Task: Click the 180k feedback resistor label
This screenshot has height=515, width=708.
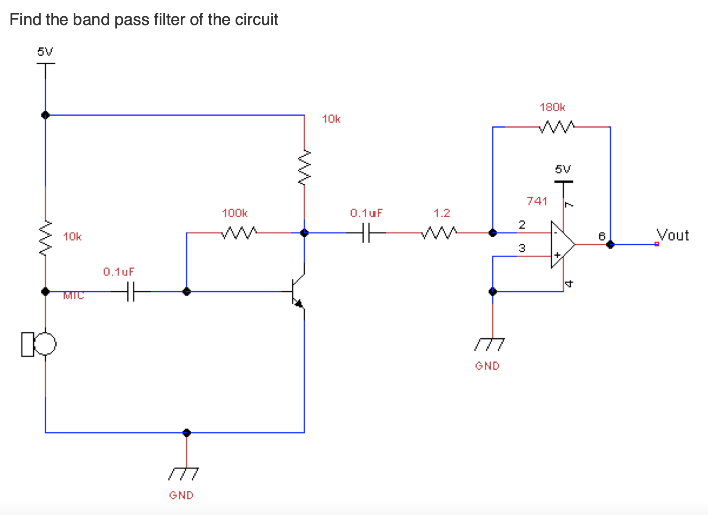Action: coord(552,107)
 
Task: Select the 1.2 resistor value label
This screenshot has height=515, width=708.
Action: coord(442,213)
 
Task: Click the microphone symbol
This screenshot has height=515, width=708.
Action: coord(39,344)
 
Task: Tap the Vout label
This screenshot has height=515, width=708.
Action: coord(672,235)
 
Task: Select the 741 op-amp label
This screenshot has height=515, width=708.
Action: coord(537,201)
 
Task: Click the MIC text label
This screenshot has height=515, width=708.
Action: coord(73,296)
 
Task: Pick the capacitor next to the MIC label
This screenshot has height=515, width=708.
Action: coord(130,291)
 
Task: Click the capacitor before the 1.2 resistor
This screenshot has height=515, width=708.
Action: coord(366,232)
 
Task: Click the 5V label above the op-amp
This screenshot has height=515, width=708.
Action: coord(563,169)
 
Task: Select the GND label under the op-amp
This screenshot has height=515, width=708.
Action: coord(487,366)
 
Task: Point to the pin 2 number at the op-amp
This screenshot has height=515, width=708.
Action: coord(522,225)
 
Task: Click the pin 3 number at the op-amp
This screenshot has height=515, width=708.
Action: coord(522,248)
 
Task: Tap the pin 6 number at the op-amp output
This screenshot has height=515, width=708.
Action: coord(602,236)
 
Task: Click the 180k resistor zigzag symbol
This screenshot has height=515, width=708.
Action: coord(557,127)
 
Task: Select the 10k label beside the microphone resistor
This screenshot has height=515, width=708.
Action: coord(72,237)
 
